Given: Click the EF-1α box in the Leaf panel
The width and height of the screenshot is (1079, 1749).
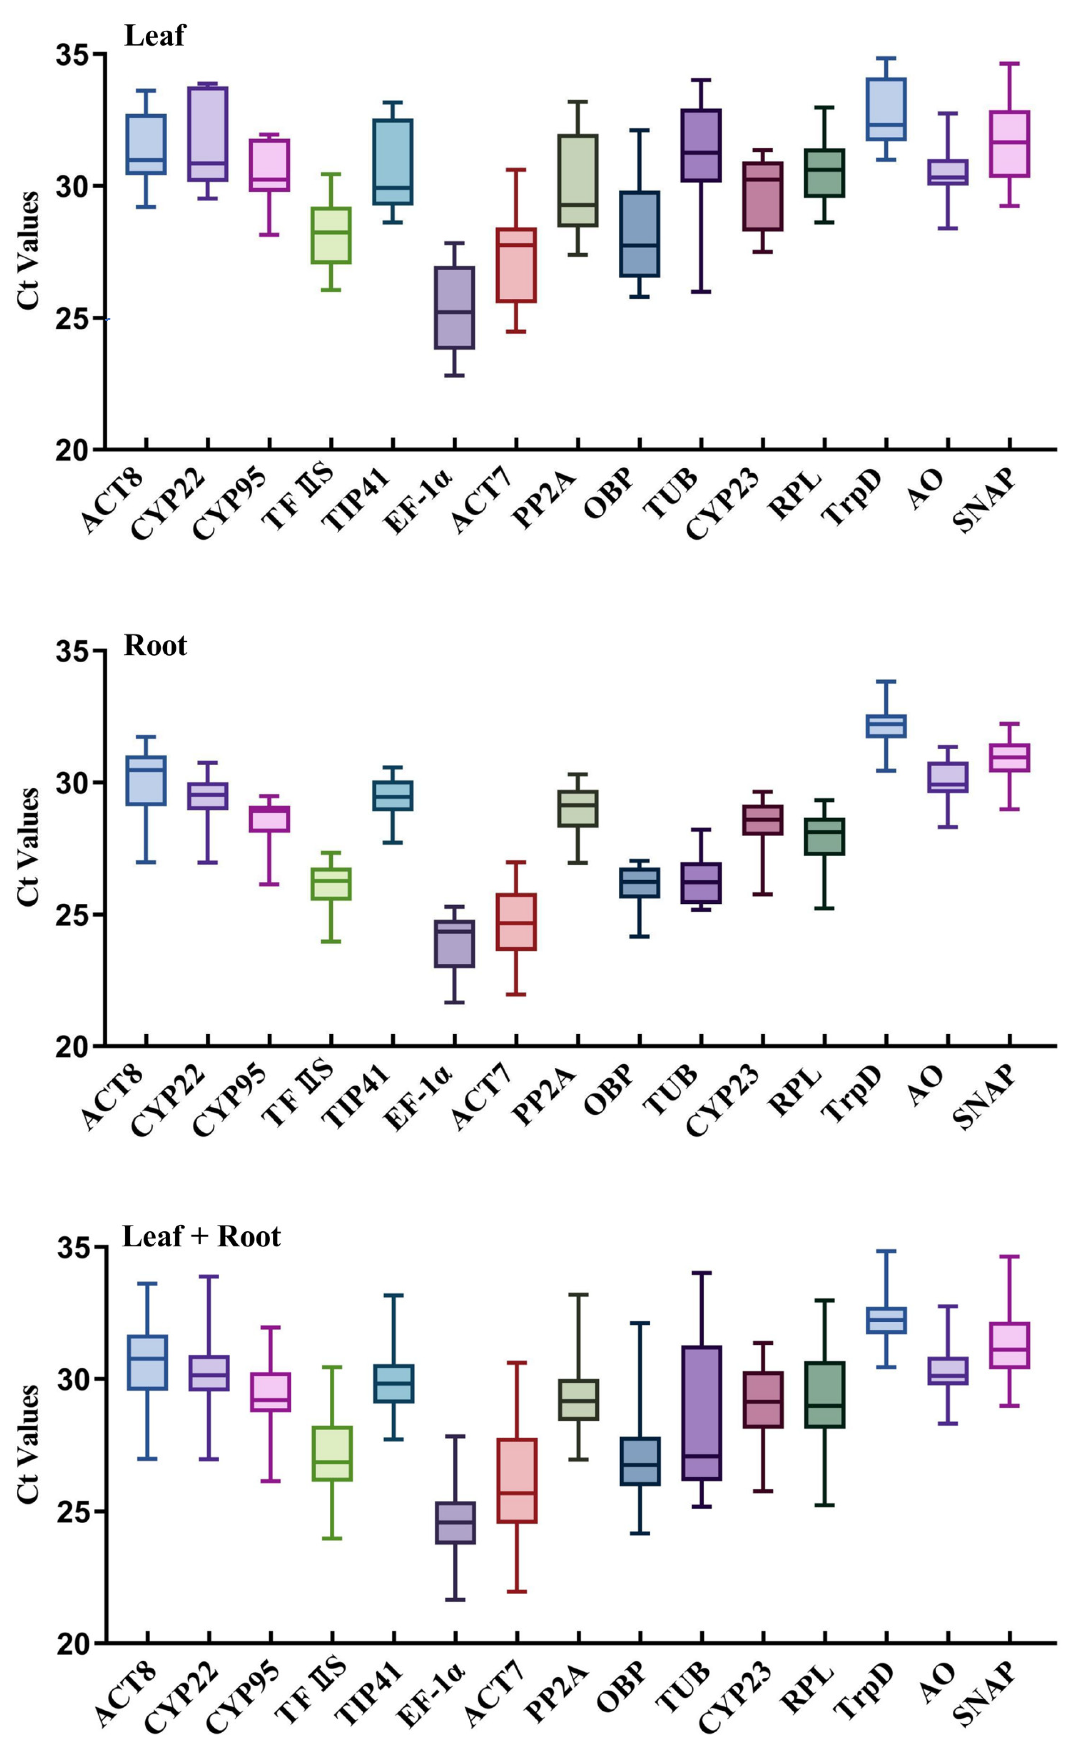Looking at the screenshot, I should pos(455,308).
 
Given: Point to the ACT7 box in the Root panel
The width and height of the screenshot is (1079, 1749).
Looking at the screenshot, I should pos(516,922).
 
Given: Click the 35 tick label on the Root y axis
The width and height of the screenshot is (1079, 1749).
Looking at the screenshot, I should pos(75,651).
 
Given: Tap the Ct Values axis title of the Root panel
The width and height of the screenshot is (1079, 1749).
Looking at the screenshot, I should pos(28,848).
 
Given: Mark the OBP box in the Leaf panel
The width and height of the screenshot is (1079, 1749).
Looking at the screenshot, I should pos(639,233).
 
